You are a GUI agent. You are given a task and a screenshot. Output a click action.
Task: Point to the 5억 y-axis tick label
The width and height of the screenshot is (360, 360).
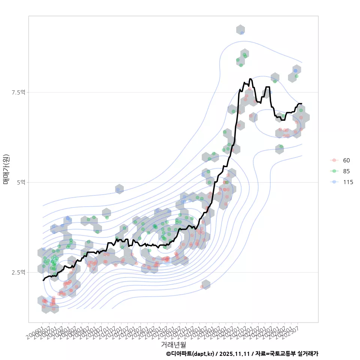[22, 182]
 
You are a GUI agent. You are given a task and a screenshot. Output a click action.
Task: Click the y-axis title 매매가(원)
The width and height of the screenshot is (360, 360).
[6, 169]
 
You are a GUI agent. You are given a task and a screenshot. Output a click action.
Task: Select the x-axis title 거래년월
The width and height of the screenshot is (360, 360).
[173, 344]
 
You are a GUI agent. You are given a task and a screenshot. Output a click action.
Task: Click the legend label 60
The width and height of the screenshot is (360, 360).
[346, 160]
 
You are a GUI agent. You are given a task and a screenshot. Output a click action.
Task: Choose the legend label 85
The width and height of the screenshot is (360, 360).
[346, 171]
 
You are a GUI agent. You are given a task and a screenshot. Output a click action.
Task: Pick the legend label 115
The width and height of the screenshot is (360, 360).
[348, 182]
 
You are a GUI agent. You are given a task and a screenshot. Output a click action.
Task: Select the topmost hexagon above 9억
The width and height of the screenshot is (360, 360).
[240, 30]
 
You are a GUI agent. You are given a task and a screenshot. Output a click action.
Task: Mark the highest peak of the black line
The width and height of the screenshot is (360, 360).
[250, 79]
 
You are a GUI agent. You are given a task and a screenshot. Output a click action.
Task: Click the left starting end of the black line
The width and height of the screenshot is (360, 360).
[43, 280]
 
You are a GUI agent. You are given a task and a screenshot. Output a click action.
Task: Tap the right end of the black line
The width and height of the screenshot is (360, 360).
[301, 103]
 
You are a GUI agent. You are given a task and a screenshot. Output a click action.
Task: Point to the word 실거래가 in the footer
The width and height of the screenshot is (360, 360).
[307, 354]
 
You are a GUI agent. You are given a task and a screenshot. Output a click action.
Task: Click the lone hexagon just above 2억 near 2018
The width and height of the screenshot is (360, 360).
[205, 285]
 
